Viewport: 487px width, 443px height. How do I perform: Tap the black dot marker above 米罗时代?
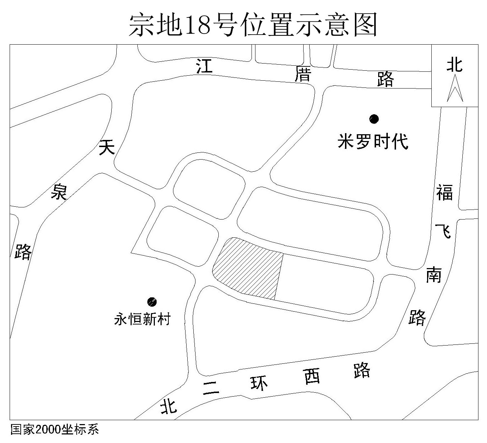click(x=374, y=119)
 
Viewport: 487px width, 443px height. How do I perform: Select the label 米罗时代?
click(x=373, y=141)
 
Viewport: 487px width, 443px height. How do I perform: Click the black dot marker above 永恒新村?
click(x=152, y=302)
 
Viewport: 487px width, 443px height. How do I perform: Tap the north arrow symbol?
click(x=455, y=88)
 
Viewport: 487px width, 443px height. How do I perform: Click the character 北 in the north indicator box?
click(x=455, y=65)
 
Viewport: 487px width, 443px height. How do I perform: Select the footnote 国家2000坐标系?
click(x=55, y=429)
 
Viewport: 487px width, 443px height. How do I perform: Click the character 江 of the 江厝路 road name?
click(x=204, y=66)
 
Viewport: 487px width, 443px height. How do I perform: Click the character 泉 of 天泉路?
click(x=59, y=192)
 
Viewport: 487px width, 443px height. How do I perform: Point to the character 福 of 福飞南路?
click(x=445, y=192)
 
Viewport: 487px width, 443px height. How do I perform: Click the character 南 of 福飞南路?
click(x=434, y=275)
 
